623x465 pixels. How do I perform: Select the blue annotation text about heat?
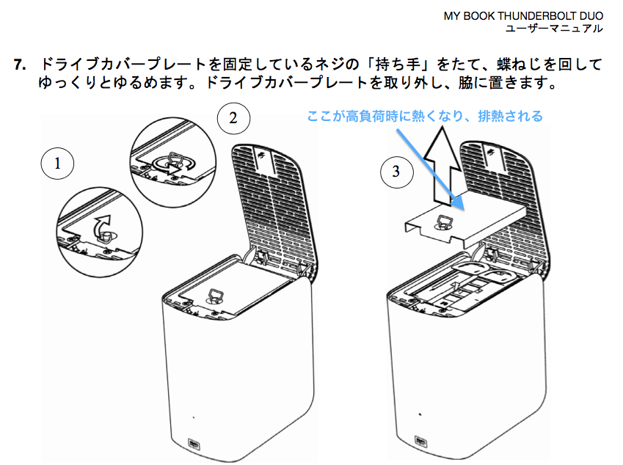click(x=425, y=117)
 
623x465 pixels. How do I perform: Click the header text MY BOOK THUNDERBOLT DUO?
click(x=523, y=15)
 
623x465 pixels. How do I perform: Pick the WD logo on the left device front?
click(x=194, y=443)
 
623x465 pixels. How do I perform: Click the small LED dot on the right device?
click(x=420, y=414)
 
